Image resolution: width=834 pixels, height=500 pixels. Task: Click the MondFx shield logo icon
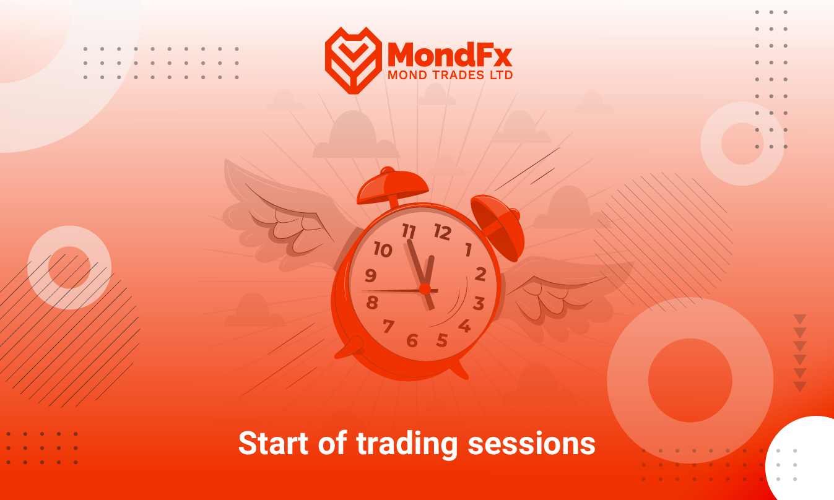tap(354, 60)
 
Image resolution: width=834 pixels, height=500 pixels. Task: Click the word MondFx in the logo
tap(450, 54)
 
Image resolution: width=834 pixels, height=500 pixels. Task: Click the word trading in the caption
tap(407, 444)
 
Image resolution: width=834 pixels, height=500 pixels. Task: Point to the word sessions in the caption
tap(531, 444)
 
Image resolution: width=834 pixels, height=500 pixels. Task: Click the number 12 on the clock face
tap(442, 232)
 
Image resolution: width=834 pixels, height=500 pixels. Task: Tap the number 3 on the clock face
tap(479, 303)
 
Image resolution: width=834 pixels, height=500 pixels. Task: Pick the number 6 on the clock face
tap(412, 340)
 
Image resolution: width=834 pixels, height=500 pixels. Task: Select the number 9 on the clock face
tap(370, 275)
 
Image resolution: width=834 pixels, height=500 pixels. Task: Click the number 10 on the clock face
tap(383, 249)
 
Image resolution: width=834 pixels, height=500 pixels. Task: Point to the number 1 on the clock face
tap(468, 249)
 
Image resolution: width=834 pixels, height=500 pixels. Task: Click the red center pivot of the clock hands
tap(425, 289)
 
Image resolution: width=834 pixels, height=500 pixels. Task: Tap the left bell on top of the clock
tap(392, 187)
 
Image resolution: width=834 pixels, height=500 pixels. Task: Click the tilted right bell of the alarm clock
tap(497, 227)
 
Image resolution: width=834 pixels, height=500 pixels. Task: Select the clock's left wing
tap(283, 220)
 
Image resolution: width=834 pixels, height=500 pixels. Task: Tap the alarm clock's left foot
tap(350, 348)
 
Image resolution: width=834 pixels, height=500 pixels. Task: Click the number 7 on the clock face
tap(388, 326)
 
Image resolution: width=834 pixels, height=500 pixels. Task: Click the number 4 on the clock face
tap(464, 326)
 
